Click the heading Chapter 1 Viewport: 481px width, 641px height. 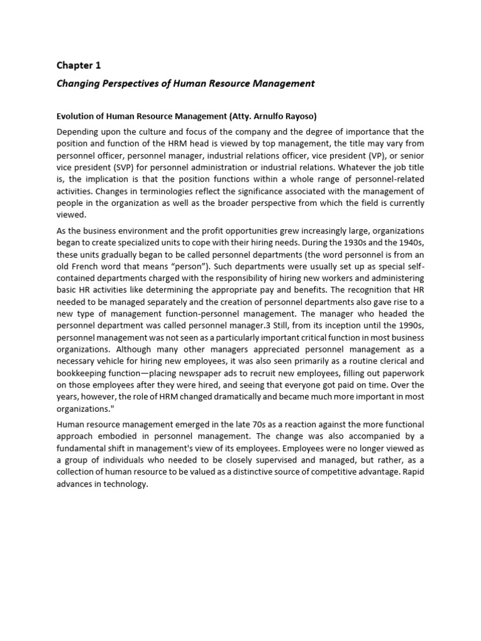pos(78,65)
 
